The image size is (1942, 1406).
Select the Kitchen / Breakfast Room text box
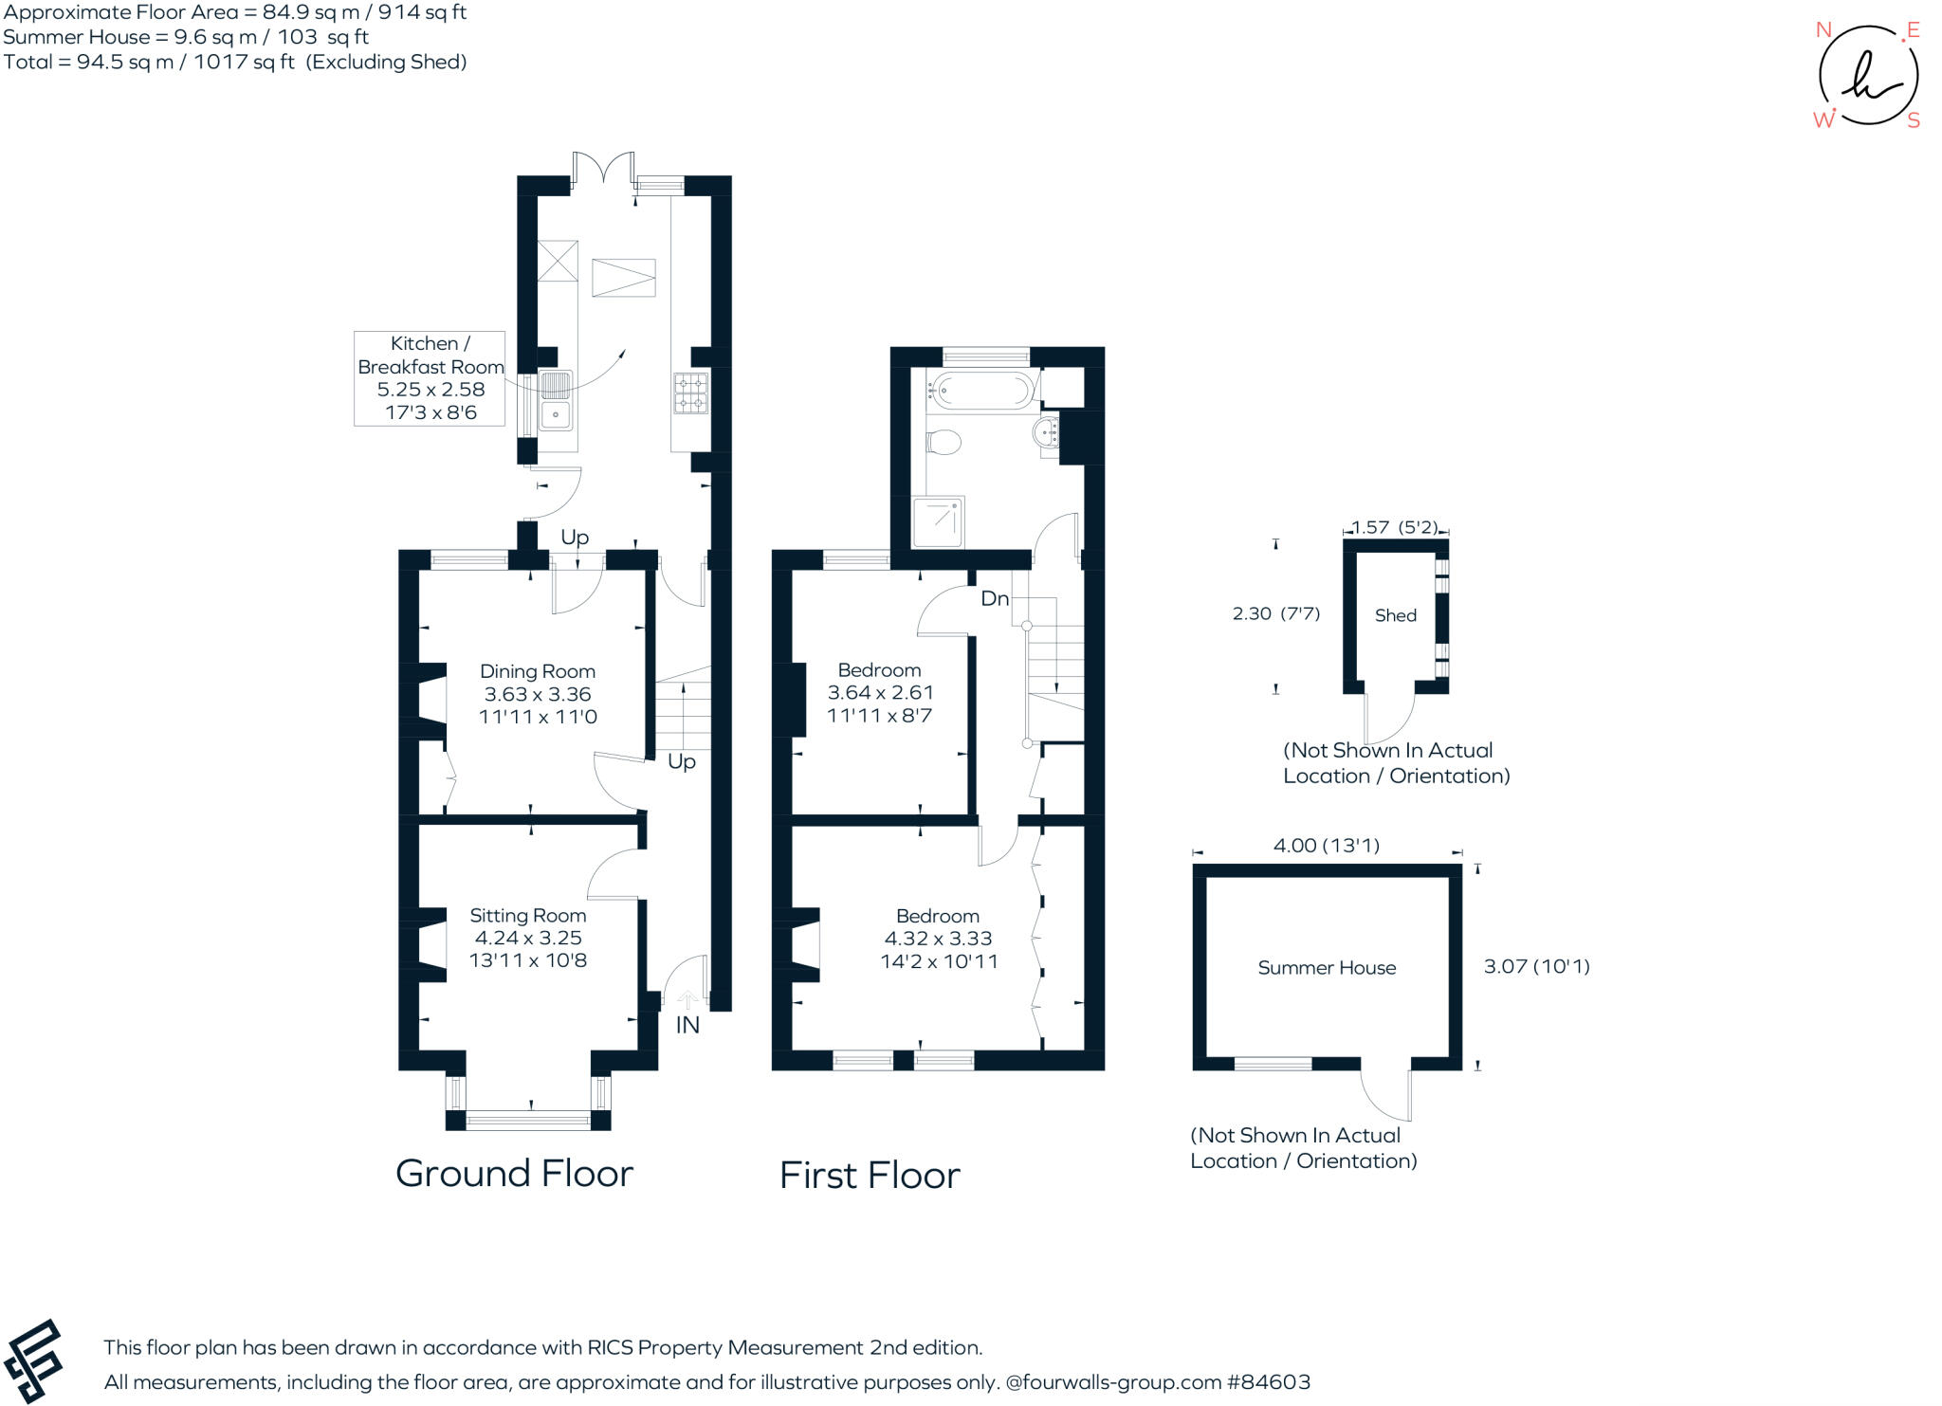pos(430,377)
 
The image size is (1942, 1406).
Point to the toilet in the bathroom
pos(944,442)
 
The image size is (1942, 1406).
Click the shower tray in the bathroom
pos(938,522)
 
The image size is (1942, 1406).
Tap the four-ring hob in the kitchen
pos(690,393)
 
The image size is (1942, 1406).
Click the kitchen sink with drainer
pos(556,401)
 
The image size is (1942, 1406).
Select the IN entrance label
pos(687,1025)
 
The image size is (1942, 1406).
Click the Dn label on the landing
pos(994,598)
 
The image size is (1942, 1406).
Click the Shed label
pos(1395,615)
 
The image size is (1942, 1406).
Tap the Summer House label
pos(1327,968)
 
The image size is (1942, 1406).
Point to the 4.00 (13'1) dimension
pos(1326,846)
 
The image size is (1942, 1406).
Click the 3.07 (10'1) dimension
pos(1536,966)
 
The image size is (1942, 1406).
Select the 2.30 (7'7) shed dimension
pos(1275,613)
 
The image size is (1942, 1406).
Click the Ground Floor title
pos(514,1174)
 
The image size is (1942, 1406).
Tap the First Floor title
pos(870,1176)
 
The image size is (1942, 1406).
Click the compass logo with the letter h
pos(1867,77)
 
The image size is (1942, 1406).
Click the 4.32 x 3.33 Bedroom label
pos(938,939)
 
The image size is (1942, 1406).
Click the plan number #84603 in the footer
pos(1269,1382)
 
